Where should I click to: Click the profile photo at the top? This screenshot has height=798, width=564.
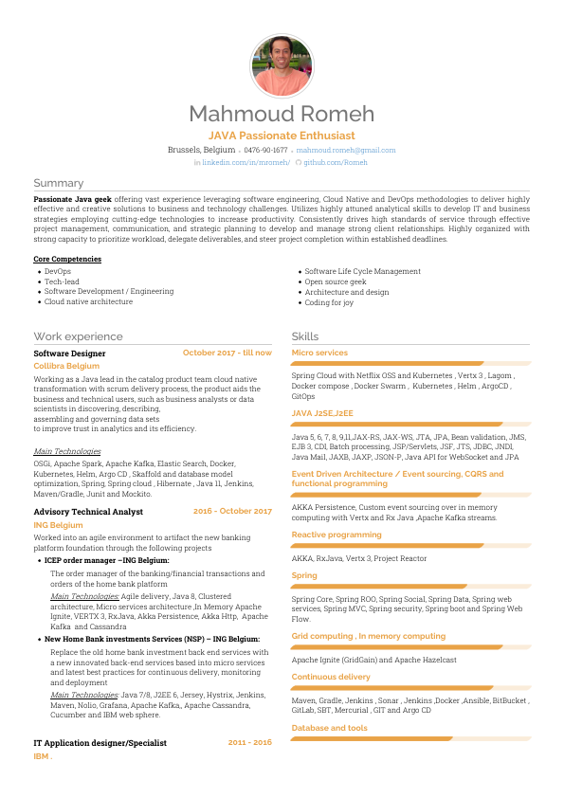[x=282, y=65]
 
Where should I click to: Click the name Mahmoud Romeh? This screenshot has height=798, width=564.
[x=282, y=115]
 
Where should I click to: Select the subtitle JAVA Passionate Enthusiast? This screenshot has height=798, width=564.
[x=282, y=136]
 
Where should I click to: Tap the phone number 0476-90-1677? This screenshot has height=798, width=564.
[x=265, y=150]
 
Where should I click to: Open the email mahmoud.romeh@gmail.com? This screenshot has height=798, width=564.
[x=346, y=150]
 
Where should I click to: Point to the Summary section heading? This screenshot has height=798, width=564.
[x=59, y=183]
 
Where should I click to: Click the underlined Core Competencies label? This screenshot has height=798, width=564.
[x=67, y=259]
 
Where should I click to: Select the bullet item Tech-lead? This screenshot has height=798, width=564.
[x=62, y=281]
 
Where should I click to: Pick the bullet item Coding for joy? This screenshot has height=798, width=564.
[x=329, y=302]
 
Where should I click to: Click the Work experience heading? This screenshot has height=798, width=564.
[x=78, y=336]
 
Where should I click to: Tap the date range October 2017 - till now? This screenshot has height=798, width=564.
[x=227, y=353]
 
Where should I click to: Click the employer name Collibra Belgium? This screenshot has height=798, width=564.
[x=66, y=365]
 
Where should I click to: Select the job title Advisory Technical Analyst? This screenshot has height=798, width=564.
[x=88, y=512]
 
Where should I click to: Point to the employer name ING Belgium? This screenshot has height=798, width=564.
[x=59, y=524]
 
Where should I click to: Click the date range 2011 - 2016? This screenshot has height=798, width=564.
[x=249, y=742]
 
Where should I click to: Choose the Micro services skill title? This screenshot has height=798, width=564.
[x=319, y=353]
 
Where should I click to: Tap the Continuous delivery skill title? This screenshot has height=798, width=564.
[x=331, y=677]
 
